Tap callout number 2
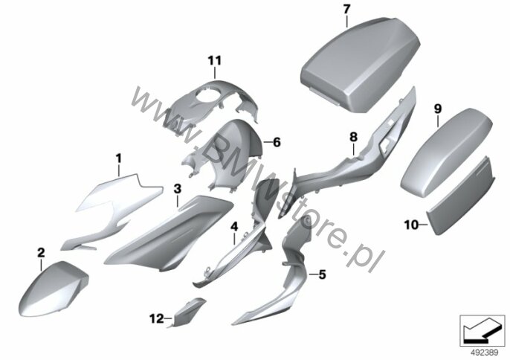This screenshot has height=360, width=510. click(41, 254)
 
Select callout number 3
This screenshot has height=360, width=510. click(177, 189)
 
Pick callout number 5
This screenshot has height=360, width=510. click(322, 275)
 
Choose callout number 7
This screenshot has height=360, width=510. click(346, 9)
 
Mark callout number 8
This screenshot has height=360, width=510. click(354, 136)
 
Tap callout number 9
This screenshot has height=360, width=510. click(438, 108)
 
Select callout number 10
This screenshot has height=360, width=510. click(411, 222)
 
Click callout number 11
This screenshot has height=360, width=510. click(215, 60)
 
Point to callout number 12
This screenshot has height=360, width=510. click(155, 319)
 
